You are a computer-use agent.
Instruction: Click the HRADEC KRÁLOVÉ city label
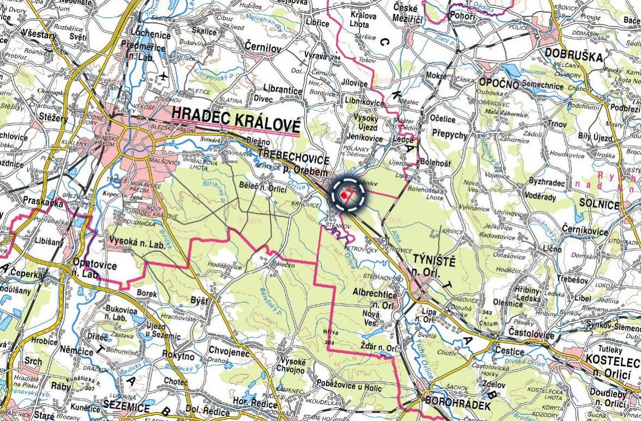pos(236,115)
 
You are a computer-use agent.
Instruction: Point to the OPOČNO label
pos(498,83)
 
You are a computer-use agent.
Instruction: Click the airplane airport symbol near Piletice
pos(163,75)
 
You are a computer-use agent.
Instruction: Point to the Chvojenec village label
pos(225,353)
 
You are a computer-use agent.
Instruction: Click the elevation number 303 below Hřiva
pos(329,342)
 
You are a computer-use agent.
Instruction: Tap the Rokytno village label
pos(178,356)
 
